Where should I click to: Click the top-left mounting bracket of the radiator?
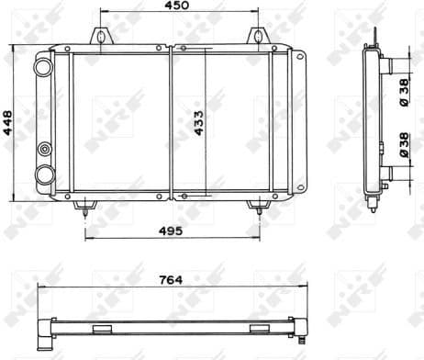tap(99, 38)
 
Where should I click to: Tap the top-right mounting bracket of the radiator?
tap(257, 38)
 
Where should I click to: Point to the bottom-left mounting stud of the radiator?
tap(85, 208)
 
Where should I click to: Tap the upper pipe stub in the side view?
tap(386, 67)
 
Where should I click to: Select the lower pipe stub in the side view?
tap(386, 172)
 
